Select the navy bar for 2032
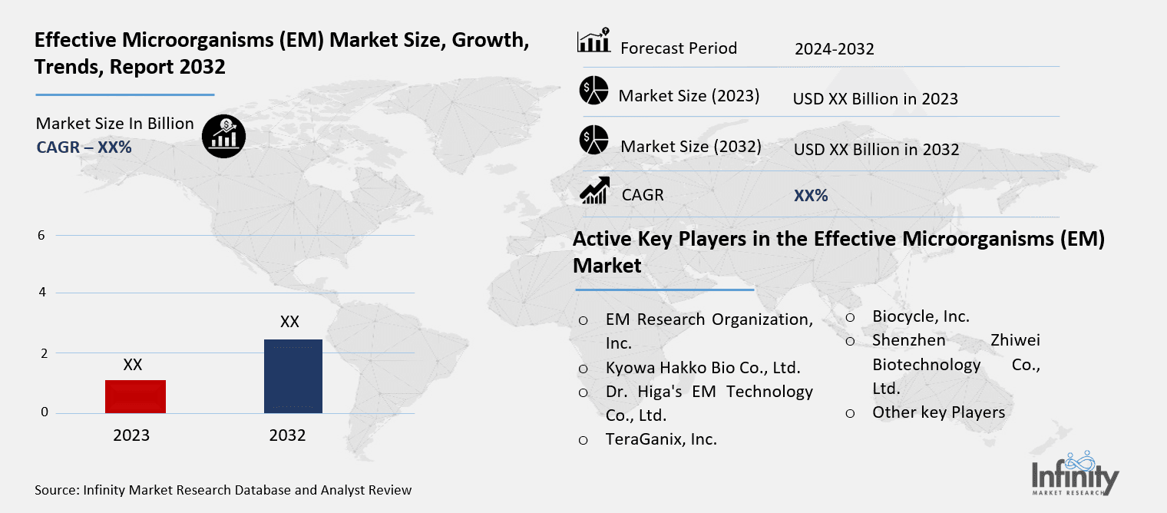(x=293, y=376)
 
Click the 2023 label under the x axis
(x=131, y=435)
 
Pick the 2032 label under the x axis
(x=287, y=435)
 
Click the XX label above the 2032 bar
(x=289, y=322)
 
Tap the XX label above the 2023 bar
(x=133, y=365)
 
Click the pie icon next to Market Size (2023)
(x=593, y=91)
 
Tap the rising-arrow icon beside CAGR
(x=594, y=190)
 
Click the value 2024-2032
(x=834, y=49)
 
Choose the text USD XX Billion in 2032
(x=876, y=149)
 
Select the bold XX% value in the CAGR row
(x=811, y=196)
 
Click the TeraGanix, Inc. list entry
(x=661, y=439)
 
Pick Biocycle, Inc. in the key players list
(x=921, y=316)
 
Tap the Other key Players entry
(x=938, y=412)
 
